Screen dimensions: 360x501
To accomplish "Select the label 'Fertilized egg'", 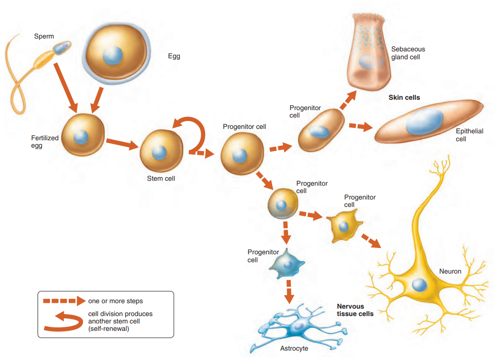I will click(44, 142).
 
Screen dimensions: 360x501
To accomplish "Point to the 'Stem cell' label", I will click(161, 178).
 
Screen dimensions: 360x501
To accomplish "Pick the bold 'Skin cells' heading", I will click(404, 98).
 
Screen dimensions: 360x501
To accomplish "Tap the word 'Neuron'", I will click(450, 271).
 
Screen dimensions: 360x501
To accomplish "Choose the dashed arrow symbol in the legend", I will click(60, 301).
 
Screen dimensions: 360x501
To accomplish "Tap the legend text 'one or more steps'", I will click(115, 301).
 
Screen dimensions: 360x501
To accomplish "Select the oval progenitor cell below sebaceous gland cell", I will click(321, 130).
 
